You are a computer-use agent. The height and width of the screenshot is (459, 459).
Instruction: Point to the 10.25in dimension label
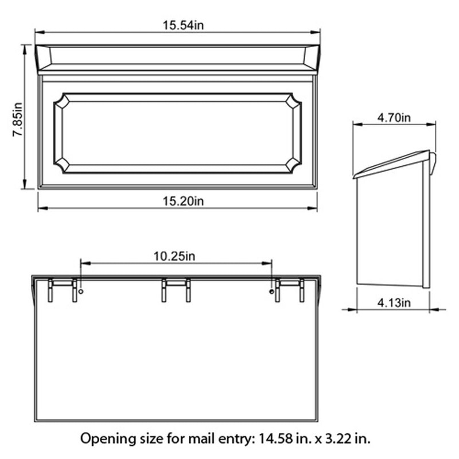[175, 256]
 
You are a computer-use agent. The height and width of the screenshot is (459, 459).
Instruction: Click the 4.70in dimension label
[394, 118]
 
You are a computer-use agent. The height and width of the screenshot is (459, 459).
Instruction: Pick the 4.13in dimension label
[394, 302]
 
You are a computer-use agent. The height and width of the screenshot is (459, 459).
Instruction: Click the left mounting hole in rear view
[81, 292]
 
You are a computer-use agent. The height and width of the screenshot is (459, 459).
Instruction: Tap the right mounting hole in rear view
[271, 292]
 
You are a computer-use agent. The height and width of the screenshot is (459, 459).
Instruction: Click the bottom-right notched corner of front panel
[293, 164]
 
